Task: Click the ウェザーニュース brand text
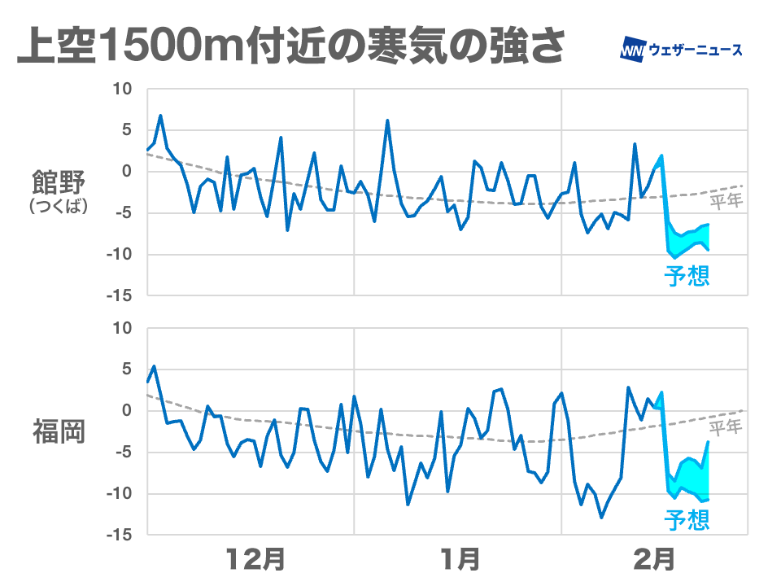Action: coord(695,50)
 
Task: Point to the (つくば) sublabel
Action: coord(58,207)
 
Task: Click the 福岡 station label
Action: coord(58,431)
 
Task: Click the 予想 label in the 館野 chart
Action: coord(687,275)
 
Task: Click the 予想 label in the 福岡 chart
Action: coord(687,518)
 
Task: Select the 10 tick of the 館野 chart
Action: coord(120,89)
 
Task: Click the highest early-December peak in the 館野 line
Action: coord(160,116)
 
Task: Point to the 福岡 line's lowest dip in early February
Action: coord(602,517)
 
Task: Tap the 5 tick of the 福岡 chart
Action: coord(125,370)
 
